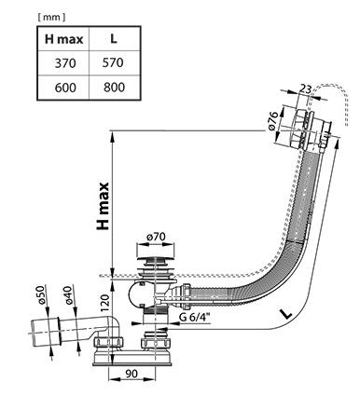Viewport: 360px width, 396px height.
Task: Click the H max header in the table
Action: coord(64,39)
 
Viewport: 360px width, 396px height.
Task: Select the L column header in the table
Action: coord(114,38)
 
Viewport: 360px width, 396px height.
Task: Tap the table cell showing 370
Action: coord(65,63)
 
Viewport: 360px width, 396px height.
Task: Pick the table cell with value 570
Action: coord(113,62)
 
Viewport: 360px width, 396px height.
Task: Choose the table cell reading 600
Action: coord(65,88)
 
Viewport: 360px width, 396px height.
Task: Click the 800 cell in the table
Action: coord(114,87)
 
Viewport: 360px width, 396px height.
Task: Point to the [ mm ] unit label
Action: coord(51,18)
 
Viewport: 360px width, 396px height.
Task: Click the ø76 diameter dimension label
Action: coord(272,121)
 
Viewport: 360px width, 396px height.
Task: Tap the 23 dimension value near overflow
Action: coord(305,89)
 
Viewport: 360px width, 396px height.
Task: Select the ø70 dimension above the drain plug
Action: coord(156,237)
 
